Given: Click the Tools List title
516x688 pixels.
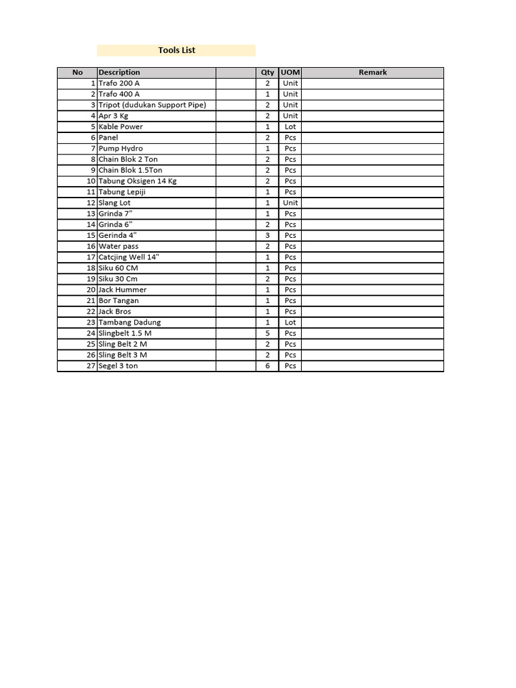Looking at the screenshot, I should point(177,50).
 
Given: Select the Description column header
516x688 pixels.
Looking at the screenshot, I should point(120,73).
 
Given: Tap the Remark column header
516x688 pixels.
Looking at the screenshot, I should point(372,73).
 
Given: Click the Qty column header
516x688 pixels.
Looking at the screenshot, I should point(267,73).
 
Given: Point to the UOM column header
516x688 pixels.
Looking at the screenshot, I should point(290,73).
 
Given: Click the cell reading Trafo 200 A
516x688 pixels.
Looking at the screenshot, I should point(119,83).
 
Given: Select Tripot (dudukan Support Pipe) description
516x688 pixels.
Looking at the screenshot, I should point(152,105).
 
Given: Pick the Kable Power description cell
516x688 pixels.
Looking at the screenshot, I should point(121,126).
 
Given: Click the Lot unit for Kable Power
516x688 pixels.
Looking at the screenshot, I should point(290,126).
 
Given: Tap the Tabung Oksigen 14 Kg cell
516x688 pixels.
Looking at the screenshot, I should point(138,181).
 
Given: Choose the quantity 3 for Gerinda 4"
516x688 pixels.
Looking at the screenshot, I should point(267,235).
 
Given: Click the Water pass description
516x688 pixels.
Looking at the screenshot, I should point(119,246).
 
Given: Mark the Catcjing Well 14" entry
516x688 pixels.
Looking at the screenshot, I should point(129,257).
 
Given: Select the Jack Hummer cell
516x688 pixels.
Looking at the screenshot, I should point(122,290).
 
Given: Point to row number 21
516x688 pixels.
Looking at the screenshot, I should point(91,300).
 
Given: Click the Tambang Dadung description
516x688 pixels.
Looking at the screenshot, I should point(130,322).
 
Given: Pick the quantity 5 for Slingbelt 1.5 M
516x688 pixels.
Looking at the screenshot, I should point(267,333).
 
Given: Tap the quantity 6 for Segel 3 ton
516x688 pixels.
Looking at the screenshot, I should point(267,365).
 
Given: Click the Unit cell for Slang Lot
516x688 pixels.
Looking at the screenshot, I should point(290,202).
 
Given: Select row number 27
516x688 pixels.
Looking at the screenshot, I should point(91,365).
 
